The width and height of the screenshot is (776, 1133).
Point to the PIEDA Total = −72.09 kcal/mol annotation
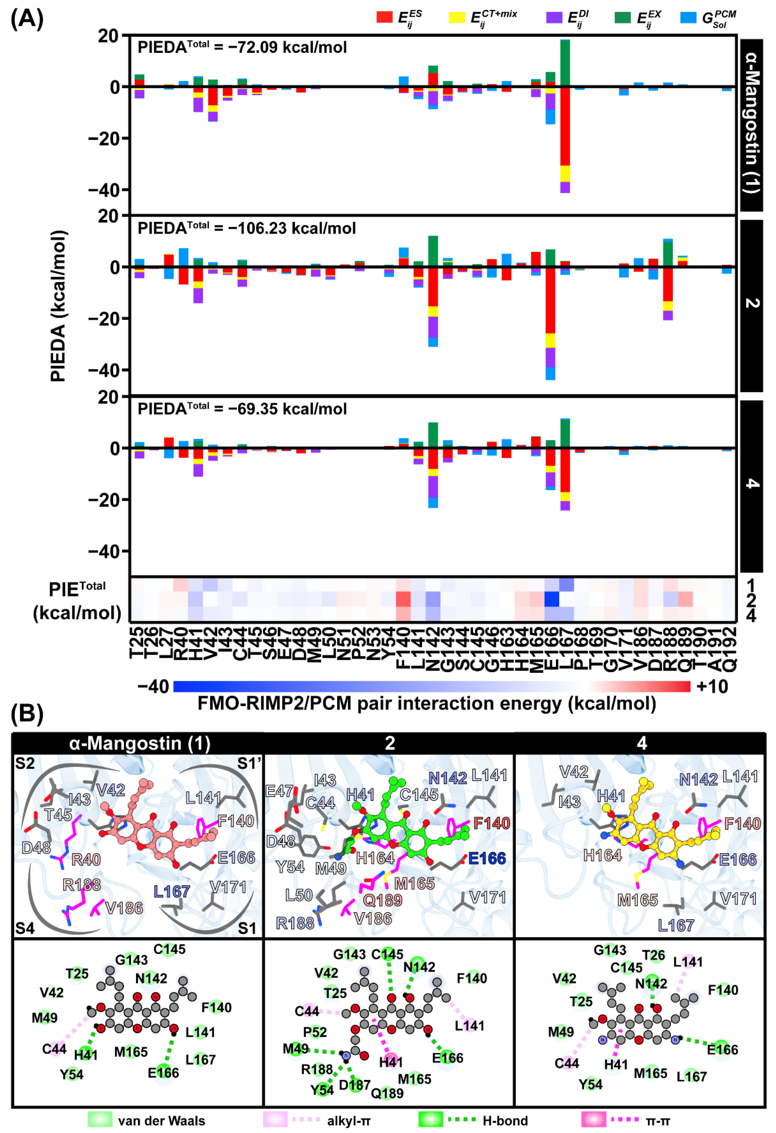[x=242, y=47]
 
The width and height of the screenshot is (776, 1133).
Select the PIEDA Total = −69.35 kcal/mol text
[x=242, y=409]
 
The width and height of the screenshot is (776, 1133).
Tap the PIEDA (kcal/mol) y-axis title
[x=58, y=306]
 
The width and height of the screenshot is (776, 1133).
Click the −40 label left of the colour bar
[x=153, y=686]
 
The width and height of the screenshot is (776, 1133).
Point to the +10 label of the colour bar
[x=712, y=686]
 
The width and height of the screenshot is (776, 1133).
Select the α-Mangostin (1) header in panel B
[x=140, y=743]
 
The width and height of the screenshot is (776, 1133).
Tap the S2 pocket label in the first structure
[x=25, y=763]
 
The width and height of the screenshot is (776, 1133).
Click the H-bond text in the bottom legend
[x=505, y=1121]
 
